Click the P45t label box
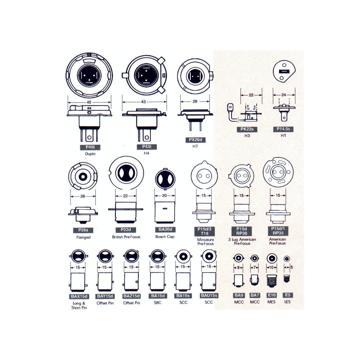90,147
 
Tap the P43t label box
147,147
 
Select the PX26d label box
195,140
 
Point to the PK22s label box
247,129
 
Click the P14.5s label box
283,129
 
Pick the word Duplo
90,154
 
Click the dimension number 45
89,102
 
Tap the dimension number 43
143,102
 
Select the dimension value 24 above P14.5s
284,95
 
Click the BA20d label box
165,230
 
